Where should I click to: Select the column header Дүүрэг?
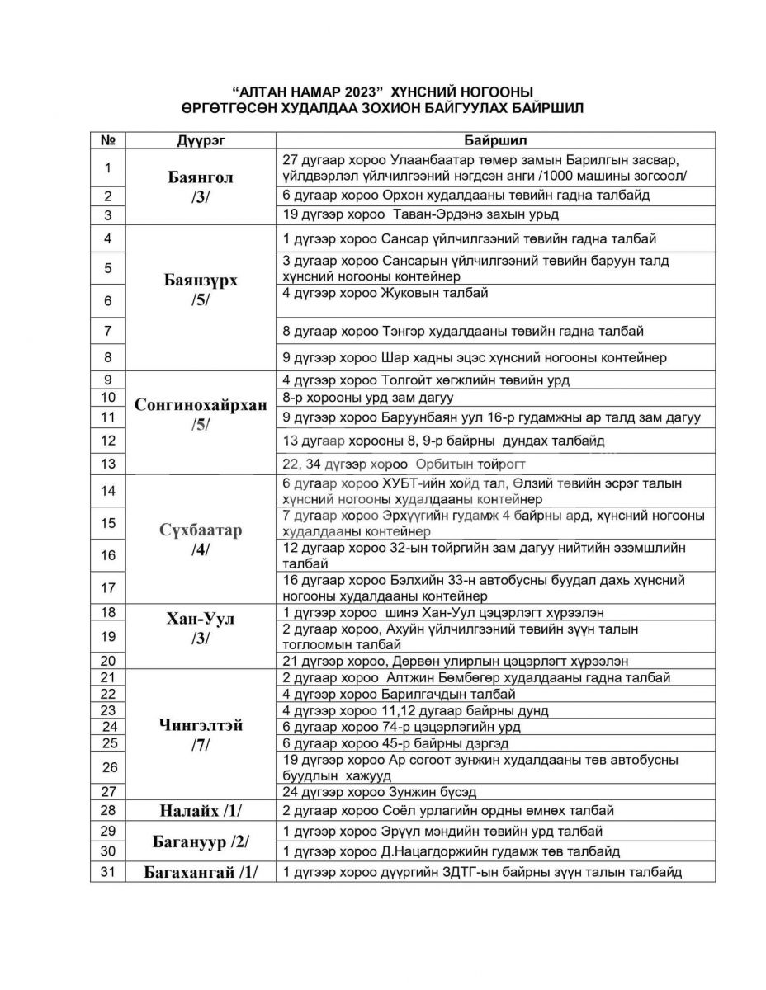pyautogui.click(x=201, y=140)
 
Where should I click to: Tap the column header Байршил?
pyautogui.click(x=495, y=140)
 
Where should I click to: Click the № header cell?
pyautogui.click(x=107, y=140)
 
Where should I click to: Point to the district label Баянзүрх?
pyautogui.click(x=201, y=280)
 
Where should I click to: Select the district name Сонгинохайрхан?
pyautogui.click(x=201, y=404)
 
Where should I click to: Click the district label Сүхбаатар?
pyautogui.click(x=201, y=530)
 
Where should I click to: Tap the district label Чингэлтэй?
pyautogui.click(x=201, y=725)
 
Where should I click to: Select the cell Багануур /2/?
pyautogui.click(x=201, y=841)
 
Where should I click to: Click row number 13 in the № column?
pyautogui.click(x=107, y=464)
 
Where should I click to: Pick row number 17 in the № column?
pyautogui.click(x=107, y=588)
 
